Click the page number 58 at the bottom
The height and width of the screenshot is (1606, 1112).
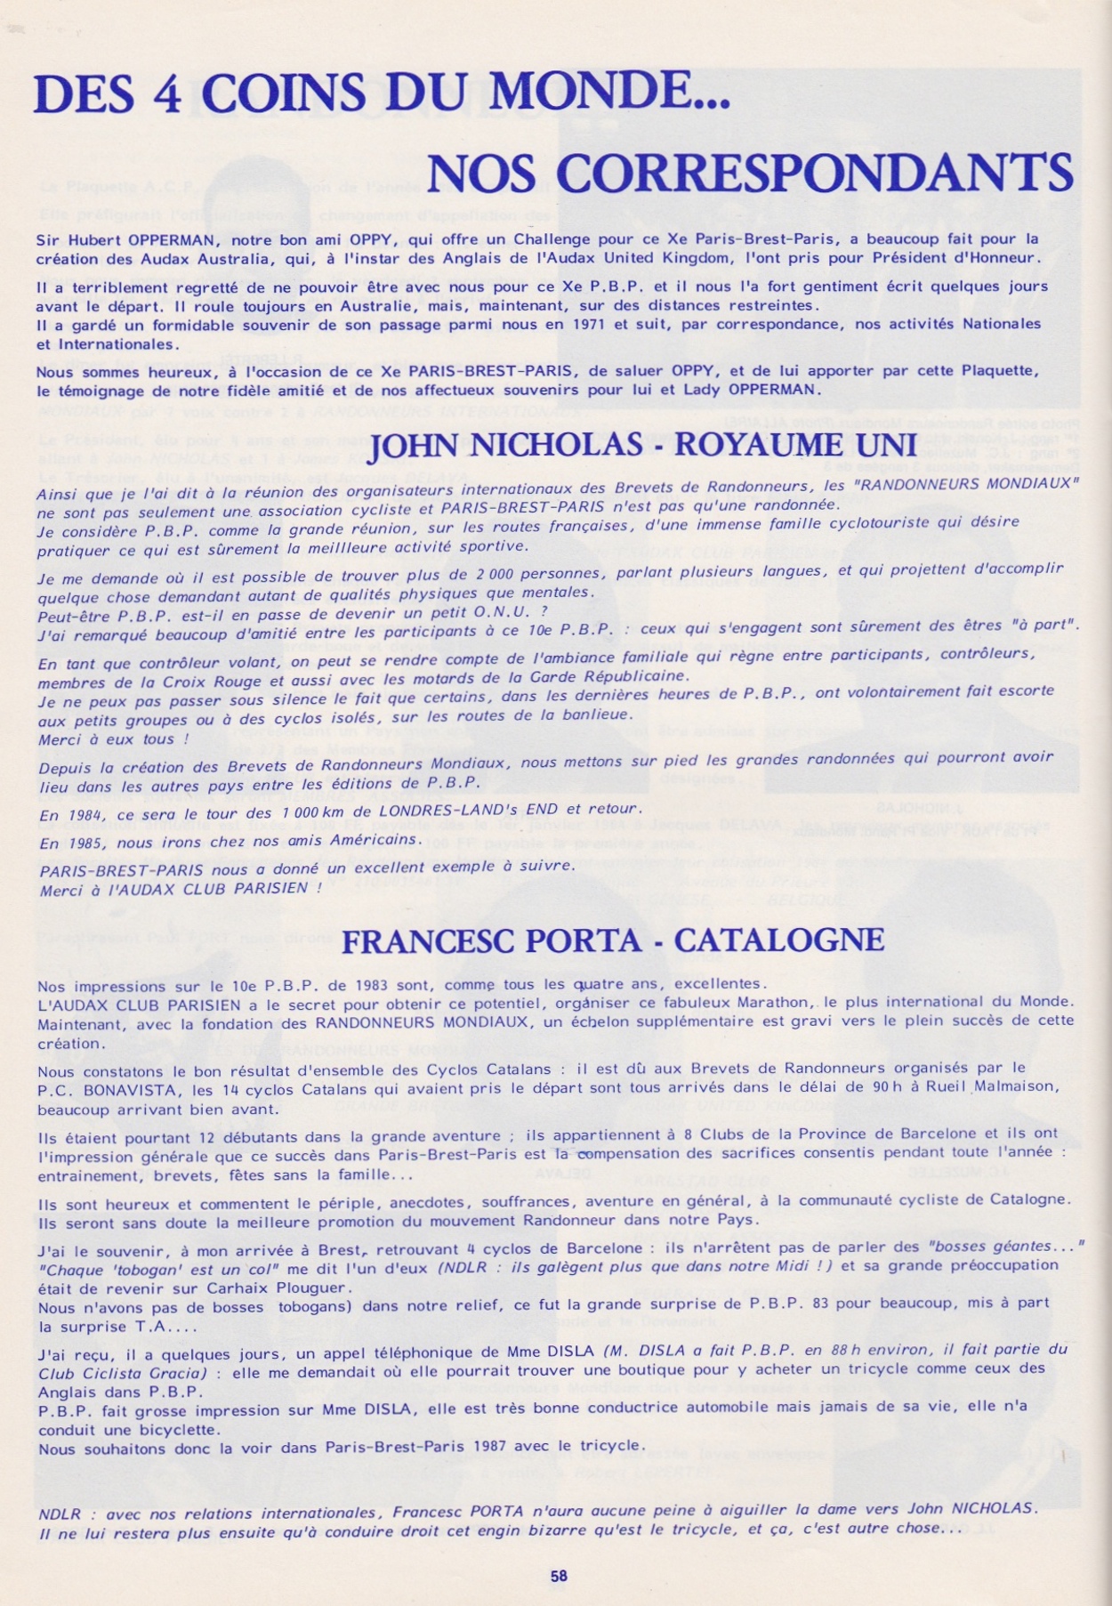click(558, 1575)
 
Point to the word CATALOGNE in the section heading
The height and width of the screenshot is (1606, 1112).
click(786, 940)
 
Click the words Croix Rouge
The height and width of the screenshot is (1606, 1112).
click(186, 675)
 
